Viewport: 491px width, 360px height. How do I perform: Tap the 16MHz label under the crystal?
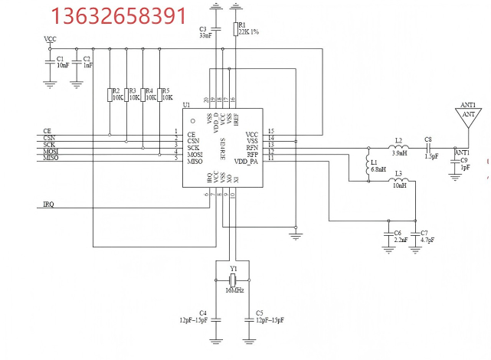234,291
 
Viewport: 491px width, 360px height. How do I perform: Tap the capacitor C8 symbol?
428,147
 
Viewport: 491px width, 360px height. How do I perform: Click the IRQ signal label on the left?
48,205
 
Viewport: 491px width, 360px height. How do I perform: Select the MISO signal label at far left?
51,158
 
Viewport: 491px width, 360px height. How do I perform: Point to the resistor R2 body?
110,95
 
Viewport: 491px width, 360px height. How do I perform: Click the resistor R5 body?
159,95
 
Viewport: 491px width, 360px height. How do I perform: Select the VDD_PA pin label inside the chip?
247,162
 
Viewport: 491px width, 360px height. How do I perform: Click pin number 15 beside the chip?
271,132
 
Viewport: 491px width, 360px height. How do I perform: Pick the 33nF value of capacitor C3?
205,35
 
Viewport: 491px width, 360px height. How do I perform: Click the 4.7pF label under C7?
427,240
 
